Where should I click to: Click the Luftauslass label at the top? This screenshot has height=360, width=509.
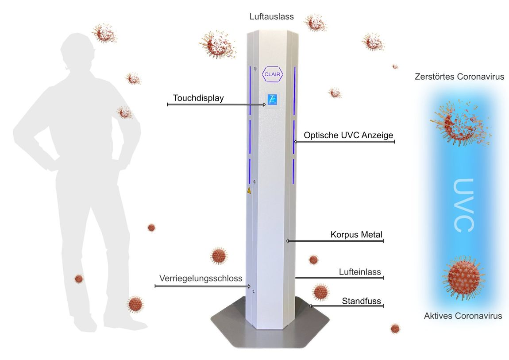[x=272, y=17]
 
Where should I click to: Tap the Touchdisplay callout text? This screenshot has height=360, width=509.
[x=198, y=98]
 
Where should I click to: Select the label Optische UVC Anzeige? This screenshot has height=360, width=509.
[x=348, y=135]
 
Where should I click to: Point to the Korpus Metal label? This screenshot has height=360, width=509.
[x=356, y=234]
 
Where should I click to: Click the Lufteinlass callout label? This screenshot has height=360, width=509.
[x=360, y=272]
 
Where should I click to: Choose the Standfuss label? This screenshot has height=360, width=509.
[x=361, y=301]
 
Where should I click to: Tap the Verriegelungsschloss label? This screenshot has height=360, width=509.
[x=201, y=279]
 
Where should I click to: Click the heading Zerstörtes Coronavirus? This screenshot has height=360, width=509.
[x=459, y=77]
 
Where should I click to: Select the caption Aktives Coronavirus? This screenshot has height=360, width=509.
[x=463, y=316]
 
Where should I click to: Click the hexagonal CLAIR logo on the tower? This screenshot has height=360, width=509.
[x=272, y=74]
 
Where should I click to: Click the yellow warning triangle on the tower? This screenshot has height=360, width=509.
[x=249, y=190]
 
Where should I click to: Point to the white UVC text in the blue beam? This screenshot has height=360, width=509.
[x=463, y=205]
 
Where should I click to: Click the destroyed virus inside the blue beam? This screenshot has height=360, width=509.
[x=460, y=123]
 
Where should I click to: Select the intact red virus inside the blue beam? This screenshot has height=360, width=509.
[x=463, y=277]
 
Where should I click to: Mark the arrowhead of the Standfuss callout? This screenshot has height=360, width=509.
[x=310, y=306]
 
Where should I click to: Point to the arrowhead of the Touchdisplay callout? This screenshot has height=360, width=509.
[x=265, y=105]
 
